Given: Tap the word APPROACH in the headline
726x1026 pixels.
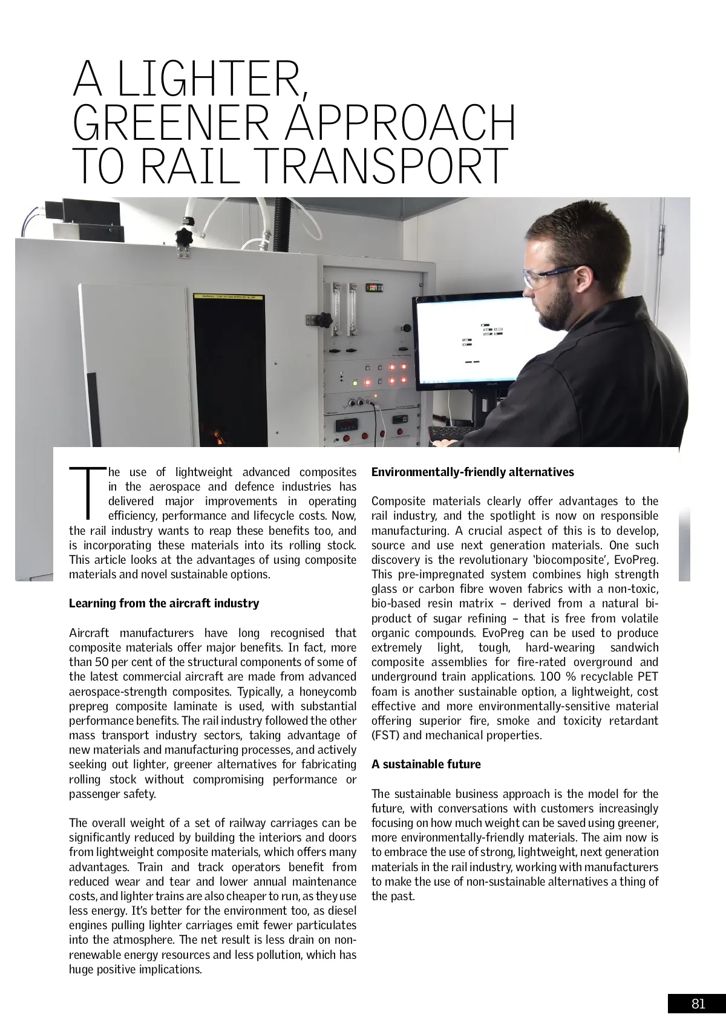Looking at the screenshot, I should (x=400, y=123).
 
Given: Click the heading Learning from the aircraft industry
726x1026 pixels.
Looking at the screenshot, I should (x=164, y=603).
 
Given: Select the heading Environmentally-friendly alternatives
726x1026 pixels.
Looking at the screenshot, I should (x=473, y=472).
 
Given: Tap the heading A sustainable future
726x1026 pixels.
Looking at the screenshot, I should (x=426, y=764).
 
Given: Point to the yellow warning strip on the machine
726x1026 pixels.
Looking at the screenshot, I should (x=228, y=297).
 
